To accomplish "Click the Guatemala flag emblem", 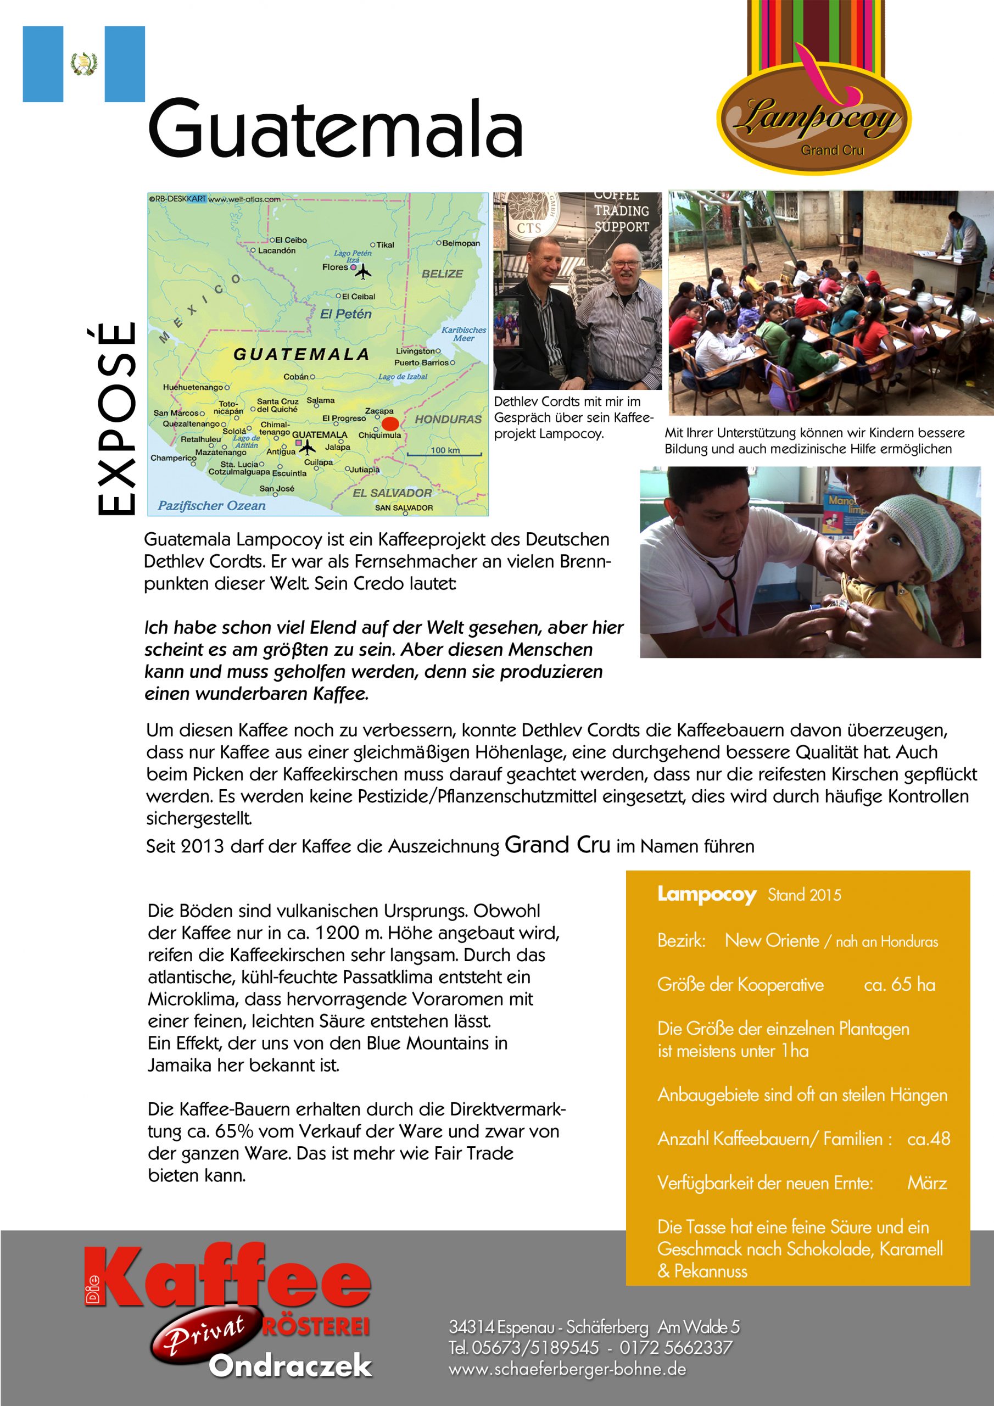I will [x=84, y=64].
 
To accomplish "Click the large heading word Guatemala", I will [x=335, y=128].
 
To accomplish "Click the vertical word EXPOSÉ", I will [x=116, y=419].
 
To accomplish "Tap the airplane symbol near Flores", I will [x=364, y=271].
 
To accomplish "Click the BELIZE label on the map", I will [x=442, y=274].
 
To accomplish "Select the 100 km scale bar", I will [x=445, y=453].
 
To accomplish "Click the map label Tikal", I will [x=384, y=245].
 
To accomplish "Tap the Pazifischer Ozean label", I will [x=212, y=506].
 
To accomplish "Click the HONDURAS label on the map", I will [x=448, y=420].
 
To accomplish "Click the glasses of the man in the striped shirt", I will [x=625, y=265].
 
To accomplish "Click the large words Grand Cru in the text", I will [x=557, y=845].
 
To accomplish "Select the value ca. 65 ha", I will [x=900, y=984].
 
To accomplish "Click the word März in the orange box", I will [x=926, y=1182].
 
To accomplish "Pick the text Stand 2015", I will [x=804, y=895].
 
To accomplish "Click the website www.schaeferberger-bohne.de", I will [x=567, y=1369].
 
